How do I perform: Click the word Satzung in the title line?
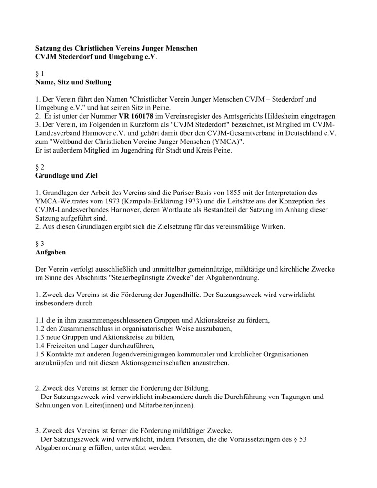[x=49, y=49]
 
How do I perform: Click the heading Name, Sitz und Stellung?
[x=73, y=82]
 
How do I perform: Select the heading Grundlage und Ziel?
[x=66, y=176]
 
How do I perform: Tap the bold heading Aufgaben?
[x=51, y=251]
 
